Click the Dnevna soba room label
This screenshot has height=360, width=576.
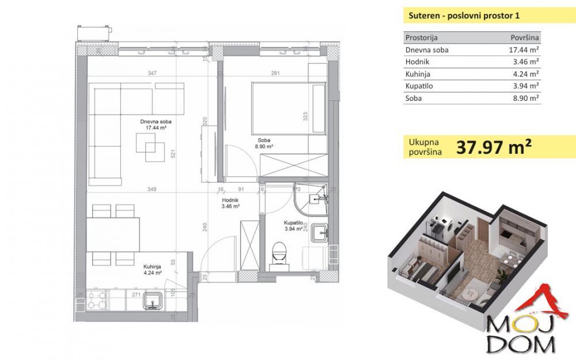[156, 122]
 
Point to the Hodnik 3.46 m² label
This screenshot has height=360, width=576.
[230, 202]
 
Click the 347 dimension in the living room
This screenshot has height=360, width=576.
[153, 73]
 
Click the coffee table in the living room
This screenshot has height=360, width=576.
[149, 146]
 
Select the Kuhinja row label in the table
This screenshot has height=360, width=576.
[418, 74]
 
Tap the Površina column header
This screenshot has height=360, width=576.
[525, 37]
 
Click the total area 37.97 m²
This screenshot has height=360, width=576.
[493, 147]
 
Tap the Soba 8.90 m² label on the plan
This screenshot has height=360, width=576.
[264, 143]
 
